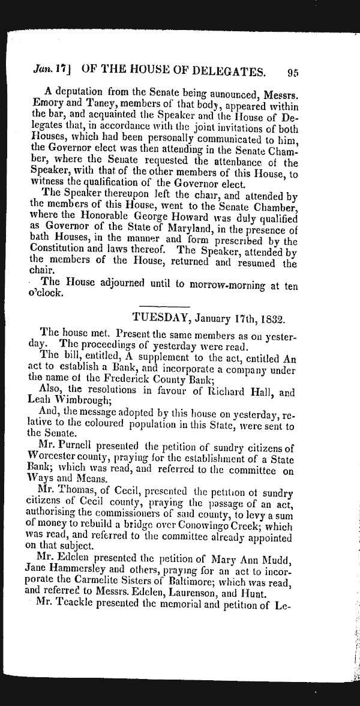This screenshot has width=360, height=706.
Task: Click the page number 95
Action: pyautogui.click(x=293, y=73)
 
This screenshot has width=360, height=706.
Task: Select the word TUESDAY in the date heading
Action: pyautogui.click(x=158, y=317)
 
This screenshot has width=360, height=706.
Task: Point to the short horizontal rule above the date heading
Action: pyautogui.click(x=164, y=307)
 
